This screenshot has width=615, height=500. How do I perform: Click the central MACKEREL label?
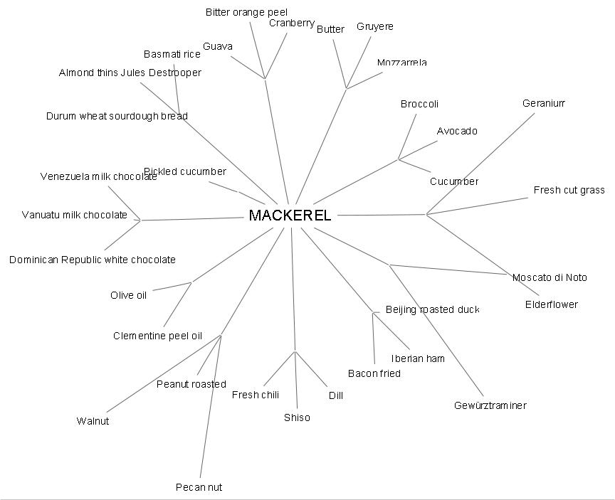[290, 216]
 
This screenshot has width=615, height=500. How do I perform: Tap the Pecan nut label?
[199, 487]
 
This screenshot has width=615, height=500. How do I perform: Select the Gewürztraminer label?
[490, 405]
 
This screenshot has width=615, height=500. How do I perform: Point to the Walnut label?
[93, 421]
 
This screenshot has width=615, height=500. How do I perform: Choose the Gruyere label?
[374, 26]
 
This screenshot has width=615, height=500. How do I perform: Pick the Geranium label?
[543, 103]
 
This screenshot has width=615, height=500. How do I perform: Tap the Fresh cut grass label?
[569, 190]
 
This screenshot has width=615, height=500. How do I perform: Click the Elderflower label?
[551, 304]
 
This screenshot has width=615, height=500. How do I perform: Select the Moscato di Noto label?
[550, 277]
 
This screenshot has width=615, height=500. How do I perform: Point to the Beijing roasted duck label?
[432, 309]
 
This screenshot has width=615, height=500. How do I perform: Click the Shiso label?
[297, 417]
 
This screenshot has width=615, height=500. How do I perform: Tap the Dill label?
[335, 395]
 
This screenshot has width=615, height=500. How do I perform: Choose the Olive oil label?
[128, 295]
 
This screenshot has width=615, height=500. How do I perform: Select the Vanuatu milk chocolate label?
[75, 215]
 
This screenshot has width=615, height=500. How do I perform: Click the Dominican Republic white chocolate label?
[92, 260]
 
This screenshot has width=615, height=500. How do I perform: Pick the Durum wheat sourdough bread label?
[117, 116]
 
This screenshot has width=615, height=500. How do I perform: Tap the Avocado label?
[457, 131]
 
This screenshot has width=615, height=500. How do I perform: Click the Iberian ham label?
[418, 358]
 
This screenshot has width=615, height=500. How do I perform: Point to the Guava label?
[217, 46]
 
